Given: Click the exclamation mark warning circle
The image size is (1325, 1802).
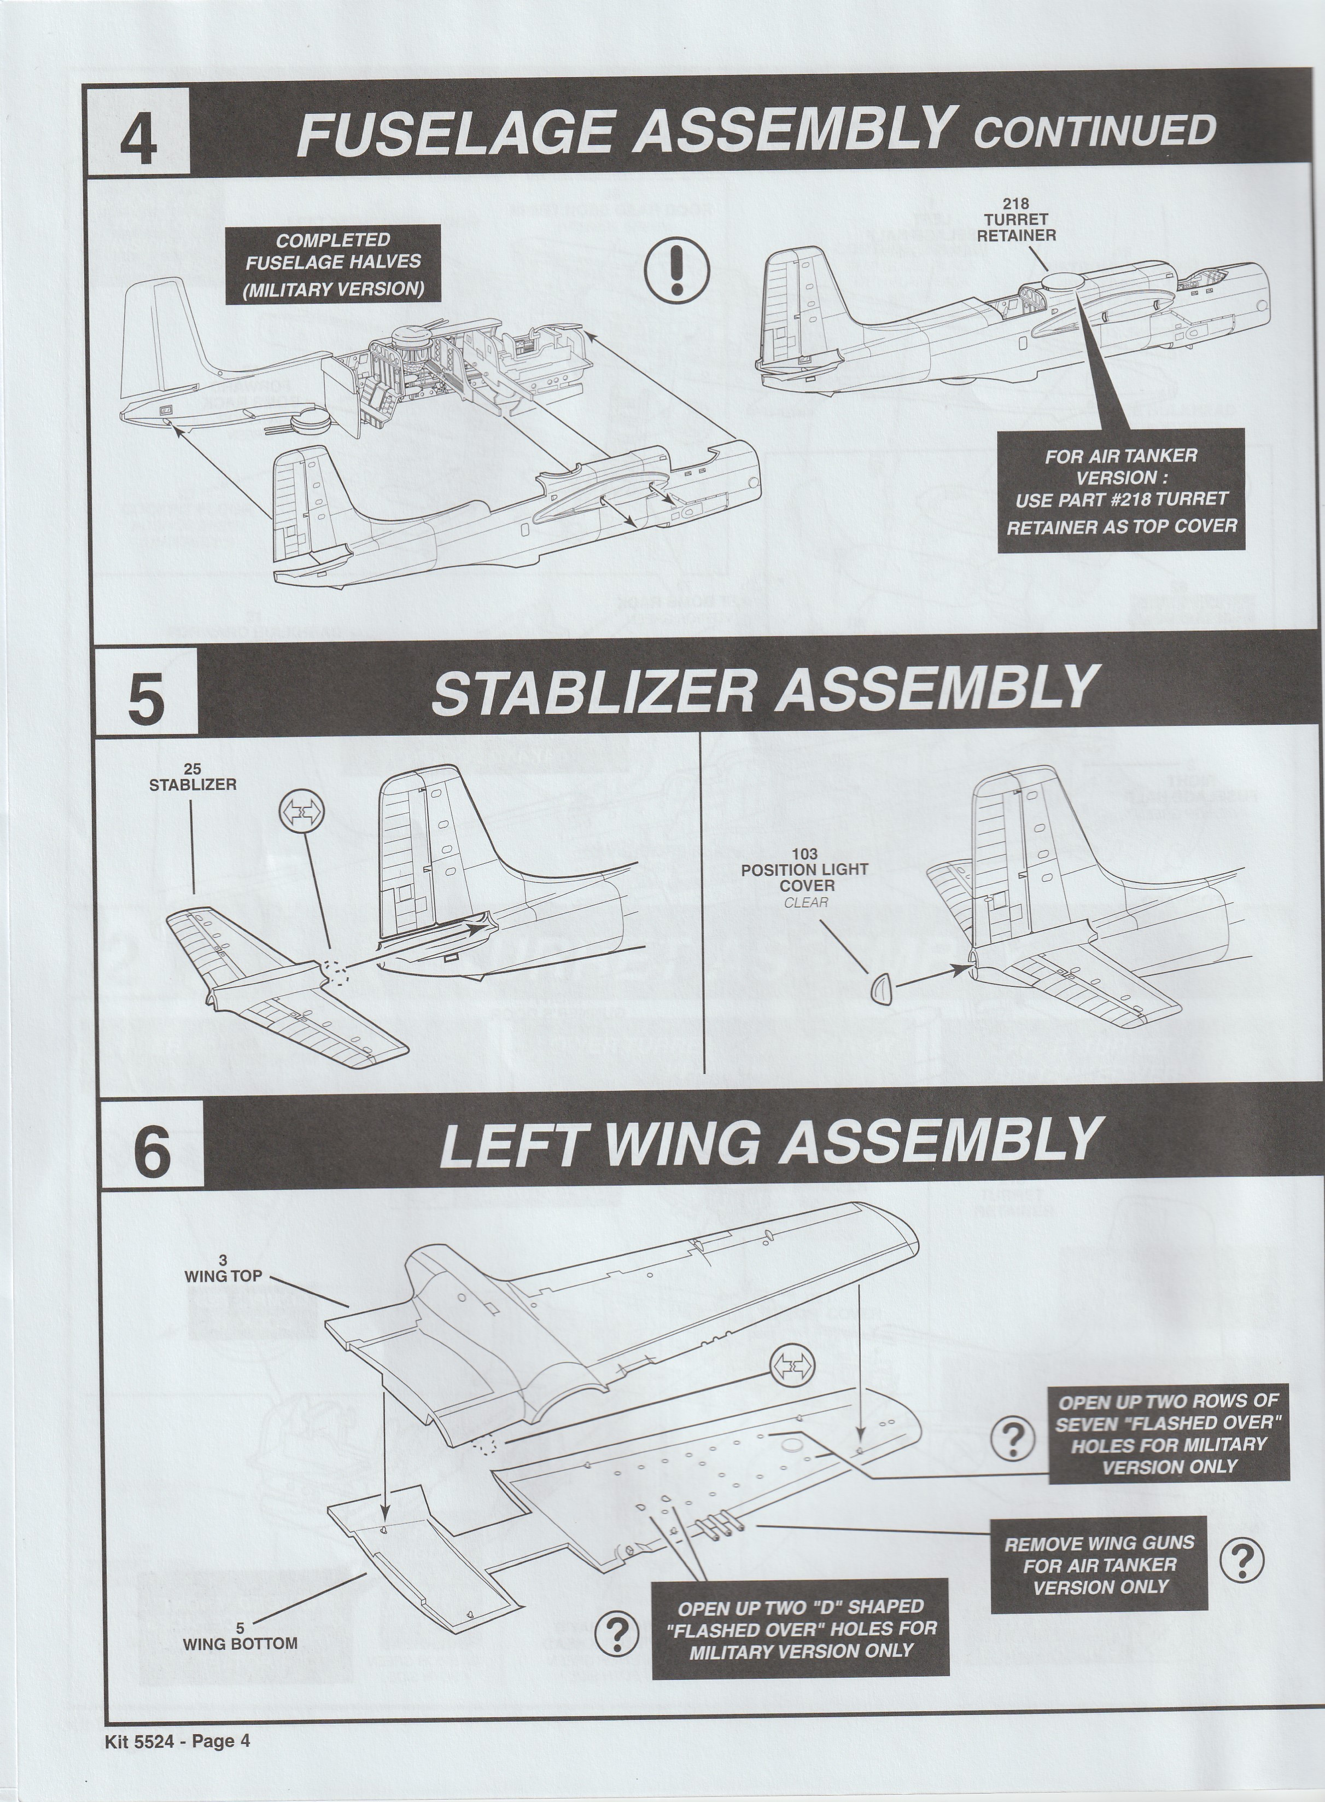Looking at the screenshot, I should [677, 270].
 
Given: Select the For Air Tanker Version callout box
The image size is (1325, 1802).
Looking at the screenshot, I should [1120, 490].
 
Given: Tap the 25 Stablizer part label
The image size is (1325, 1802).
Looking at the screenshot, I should [192, 777].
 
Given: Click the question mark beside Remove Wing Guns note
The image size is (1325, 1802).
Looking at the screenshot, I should [1241, 1561].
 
